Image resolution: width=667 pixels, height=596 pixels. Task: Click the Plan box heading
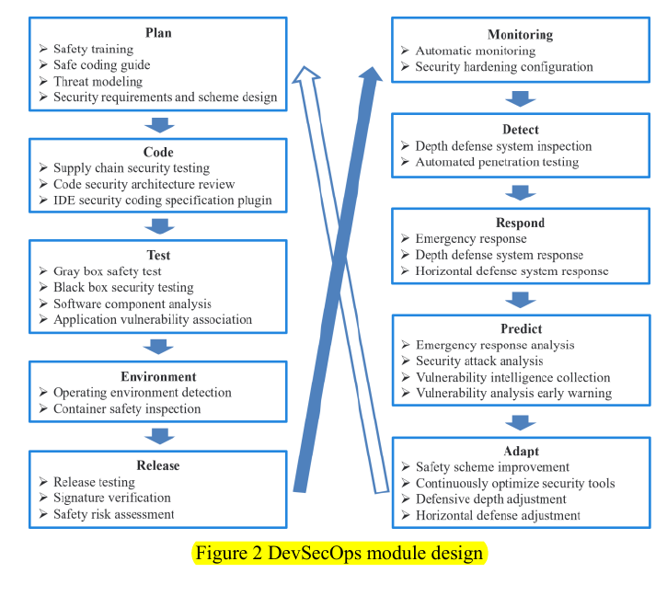point(158,33)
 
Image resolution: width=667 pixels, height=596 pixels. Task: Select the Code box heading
point(158,152)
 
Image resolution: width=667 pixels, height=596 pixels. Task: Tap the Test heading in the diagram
point(158,255)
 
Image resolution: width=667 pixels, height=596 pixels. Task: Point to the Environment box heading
point(158,376)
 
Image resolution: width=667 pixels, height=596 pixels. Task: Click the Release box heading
point(158,465)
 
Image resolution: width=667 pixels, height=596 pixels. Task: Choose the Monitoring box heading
point(521,35)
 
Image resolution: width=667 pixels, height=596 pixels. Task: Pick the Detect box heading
point(521,130)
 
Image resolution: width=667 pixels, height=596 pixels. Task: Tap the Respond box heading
point(521,223)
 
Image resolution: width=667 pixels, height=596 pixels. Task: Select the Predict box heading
point(521,328)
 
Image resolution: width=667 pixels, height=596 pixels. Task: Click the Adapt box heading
point(521,452)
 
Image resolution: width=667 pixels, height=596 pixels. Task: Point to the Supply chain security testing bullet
point(132,168)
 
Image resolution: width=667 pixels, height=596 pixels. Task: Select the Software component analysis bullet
point(132,304)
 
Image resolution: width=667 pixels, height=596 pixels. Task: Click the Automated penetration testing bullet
point(497,163)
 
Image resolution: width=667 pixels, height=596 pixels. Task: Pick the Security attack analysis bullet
point(479,361)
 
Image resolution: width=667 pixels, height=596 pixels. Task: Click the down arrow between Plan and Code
point(159,123)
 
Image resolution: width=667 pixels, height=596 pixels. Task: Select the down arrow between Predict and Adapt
point(521,422)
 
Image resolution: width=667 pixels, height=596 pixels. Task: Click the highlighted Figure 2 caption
point(339,554)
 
